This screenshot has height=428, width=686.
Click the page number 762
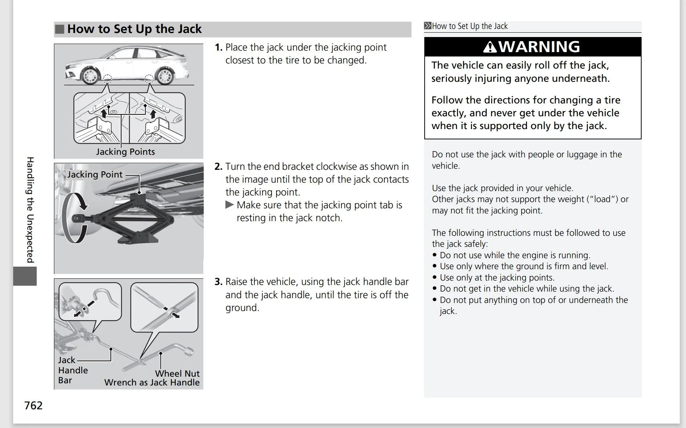pos(33,405)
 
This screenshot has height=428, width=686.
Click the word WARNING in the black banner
pos(539,47)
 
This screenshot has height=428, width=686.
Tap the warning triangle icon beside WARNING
pos(490,47)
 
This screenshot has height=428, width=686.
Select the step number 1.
pos(218,48)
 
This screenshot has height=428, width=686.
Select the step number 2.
pos(218,167)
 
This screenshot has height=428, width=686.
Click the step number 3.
pos(218,282)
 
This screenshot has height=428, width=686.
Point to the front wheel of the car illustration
pos(90,76)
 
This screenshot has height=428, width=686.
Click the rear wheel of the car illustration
pos(164,76)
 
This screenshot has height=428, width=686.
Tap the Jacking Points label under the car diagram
pos(126,152)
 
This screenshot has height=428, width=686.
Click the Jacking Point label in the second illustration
pos(95,175)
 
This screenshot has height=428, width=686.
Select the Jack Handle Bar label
pos(73,370)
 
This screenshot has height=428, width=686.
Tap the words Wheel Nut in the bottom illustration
pos(177,374)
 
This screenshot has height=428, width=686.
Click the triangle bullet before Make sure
pos(229,205)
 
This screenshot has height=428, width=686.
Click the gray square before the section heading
pos(60,29)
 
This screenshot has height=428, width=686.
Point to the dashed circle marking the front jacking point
pos(107,79)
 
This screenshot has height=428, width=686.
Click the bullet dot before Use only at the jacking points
pos(435,277)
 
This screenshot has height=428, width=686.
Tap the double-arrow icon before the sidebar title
pos(428,26)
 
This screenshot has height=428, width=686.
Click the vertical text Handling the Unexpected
pos(30,210)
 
